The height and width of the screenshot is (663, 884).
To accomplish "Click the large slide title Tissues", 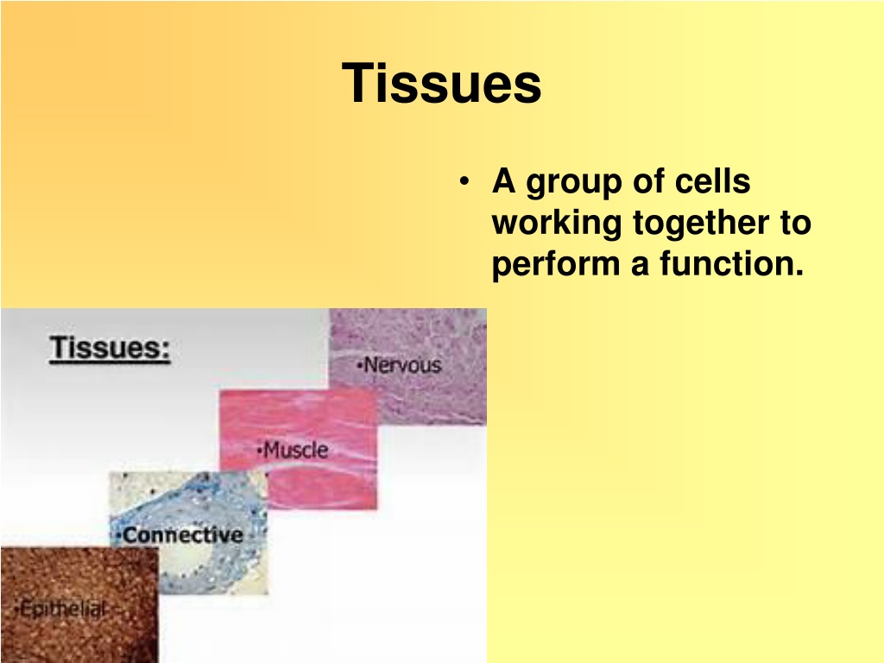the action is click(x=441, y=83).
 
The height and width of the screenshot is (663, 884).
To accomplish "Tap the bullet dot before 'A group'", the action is click(x=464, y=181).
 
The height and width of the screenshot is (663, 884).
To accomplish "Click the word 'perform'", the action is click(x=556, y=265).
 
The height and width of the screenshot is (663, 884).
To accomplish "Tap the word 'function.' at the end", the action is click(x=732, y=263).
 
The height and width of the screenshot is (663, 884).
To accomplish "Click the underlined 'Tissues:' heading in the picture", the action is click(x=110, y=348).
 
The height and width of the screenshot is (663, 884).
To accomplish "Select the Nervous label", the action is click(x=399, y=365).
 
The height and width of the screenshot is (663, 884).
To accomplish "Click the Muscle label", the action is click(x=292, y=450).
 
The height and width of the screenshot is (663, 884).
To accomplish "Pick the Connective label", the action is click(x=180, y=535).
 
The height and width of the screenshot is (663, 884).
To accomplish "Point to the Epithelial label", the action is click(x=60, y=609).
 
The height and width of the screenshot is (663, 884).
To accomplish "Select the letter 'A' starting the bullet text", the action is click(x=503, y=181).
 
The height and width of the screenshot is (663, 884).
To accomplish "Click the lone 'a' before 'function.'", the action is click(x=640, y=266).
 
